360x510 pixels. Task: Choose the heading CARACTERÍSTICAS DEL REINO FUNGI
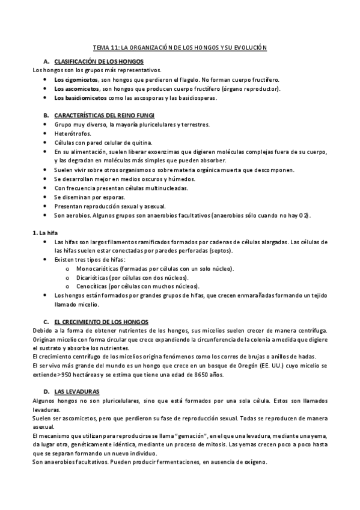[x=105, y=115]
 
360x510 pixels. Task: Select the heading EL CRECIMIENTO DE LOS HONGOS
[x=101, y=322]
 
